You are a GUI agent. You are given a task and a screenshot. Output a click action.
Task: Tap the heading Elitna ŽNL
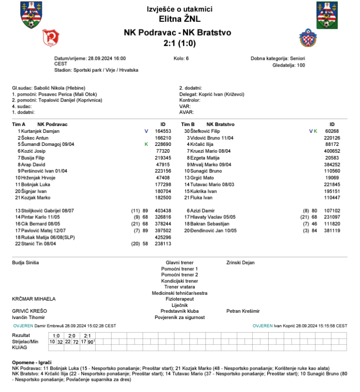pyautogui.click(x=179, y=19)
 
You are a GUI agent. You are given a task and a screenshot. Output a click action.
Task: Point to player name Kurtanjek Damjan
pyautogui.click(x=38, y=131)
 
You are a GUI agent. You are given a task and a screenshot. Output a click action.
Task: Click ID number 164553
pyautogui.click(x=163, y=131)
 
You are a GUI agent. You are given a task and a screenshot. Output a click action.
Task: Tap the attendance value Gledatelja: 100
pyautogui.click(x=289, y=65)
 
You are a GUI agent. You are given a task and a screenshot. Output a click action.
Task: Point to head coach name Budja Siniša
pyautogui.click(x=25, y=263)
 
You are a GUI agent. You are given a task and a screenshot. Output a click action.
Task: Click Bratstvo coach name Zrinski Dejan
pyautogui.click(x=240, y=263)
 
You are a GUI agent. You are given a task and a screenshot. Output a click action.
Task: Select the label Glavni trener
pyautogui.click(x=179, y=263)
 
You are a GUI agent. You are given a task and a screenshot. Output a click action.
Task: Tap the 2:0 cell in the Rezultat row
pyautogui.click(x=71, y=336)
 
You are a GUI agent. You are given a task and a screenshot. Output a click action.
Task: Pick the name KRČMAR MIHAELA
pyautogui.click(x=34, y=299)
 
